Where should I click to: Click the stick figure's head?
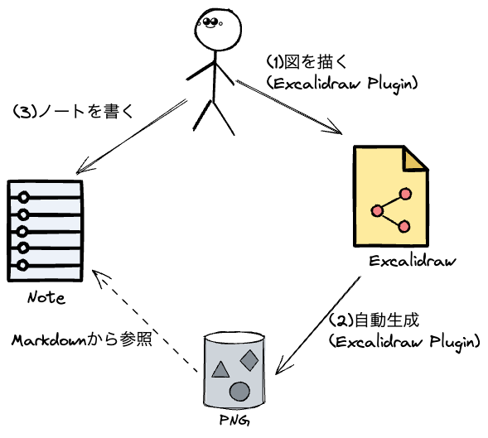click(x=218, y=29)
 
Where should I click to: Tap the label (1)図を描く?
click(x=307, y=62)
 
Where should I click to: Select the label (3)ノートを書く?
click(x=74, y=112)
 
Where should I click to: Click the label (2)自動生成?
click(x=374, y=320)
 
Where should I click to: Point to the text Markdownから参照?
click(x=82, y=340)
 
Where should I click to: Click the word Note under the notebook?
click(x=46, y=298)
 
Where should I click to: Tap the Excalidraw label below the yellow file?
click(x=413, y=261)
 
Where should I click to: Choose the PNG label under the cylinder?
click(x=234, y=421)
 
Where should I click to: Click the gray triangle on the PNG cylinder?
click(x=220, y=369)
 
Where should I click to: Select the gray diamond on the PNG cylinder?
click(x=249, y=360)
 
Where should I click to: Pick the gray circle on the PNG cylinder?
click(x=239, y=392)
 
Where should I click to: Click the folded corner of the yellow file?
click(x=414, y=160)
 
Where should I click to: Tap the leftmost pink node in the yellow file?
click(x=377, y=211)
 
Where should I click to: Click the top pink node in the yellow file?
click(x=405, y=194)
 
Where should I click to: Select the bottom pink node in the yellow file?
click(x=404, y=227)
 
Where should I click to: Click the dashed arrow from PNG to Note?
click(x=145, y=320)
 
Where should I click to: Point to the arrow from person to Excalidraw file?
click(x=289, y=108)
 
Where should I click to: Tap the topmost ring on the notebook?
click(x=23, y=198)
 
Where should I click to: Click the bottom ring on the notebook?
click(x=22, y=266)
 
